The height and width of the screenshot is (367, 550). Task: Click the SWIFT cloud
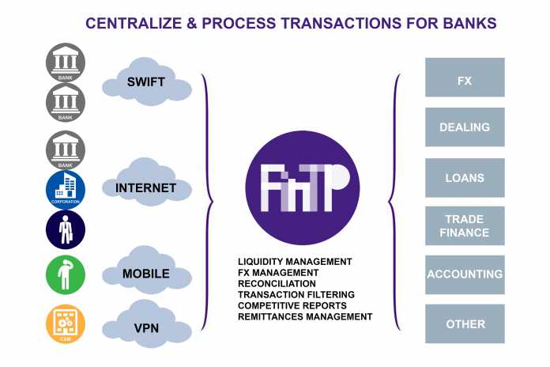click(147, 82)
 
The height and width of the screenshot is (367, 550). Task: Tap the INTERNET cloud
click(147, 188)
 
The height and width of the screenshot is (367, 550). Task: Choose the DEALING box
click(465, 127)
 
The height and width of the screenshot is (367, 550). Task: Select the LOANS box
click(465, 178)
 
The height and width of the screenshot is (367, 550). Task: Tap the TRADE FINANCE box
click(465, 226)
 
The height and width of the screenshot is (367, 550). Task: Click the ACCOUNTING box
click(465, 274)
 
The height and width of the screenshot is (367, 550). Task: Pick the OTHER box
click(465, 323)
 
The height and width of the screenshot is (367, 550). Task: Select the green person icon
click(66, 274)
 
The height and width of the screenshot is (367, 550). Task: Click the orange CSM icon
click(66, 324)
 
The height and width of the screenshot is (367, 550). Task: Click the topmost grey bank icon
click(66, 63)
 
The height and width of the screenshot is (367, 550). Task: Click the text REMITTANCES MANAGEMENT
click(304, 316)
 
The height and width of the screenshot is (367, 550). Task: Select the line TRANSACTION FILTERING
click(296, 294)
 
